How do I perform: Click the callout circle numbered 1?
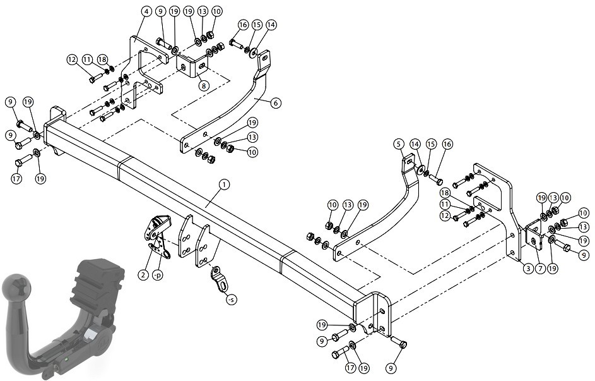[224, 185]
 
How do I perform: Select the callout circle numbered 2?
[143, 275]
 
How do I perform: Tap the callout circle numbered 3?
[528, 269]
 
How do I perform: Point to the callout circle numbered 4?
[146, 11]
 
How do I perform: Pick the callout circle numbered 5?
[398, 144]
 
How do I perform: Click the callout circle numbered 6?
[276, 102]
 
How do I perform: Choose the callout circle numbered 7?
[540, 269]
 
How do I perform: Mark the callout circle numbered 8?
[204, 85]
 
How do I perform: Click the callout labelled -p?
[157, 275]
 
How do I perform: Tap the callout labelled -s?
[231, 299]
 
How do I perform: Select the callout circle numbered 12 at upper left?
[72, 59]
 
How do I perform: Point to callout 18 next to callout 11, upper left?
[102, 59]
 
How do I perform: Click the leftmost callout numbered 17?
[16, 179]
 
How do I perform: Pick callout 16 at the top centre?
[243, 25]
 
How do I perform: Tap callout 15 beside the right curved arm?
[431, 144]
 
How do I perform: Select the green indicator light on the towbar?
[67, 359]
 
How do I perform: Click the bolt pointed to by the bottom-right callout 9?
[398, 341]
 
